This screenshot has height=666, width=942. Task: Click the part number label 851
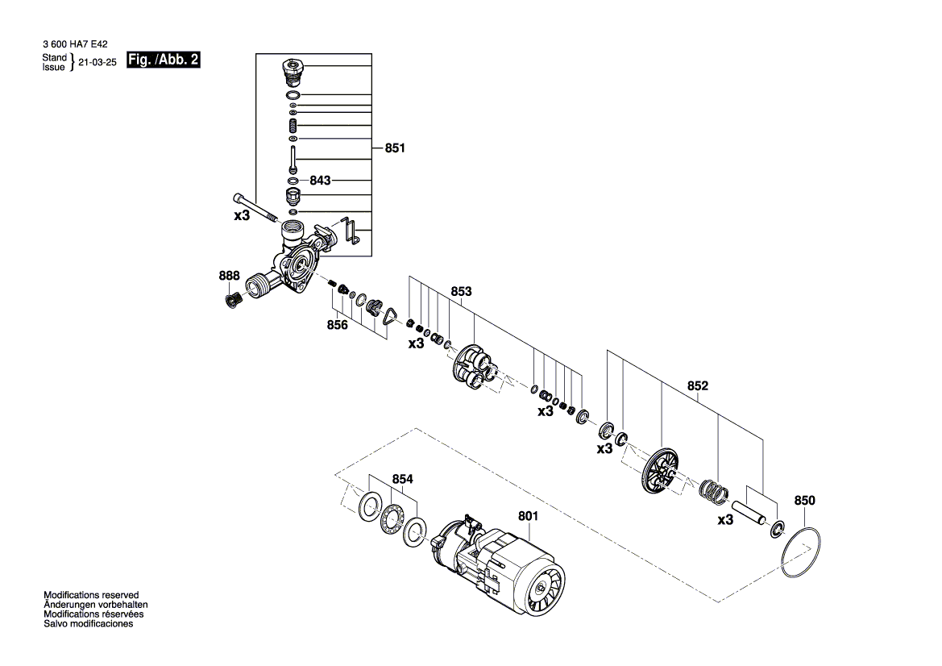[x=395, y=148]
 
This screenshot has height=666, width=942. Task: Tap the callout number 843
[x=320, y=181]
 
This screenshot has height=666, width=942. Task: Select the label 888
[x=230, y=276]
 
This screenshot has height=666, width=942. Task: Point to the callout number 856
[x=337, y=325]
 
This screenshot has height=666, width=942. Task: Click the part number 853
[x=461, y=291]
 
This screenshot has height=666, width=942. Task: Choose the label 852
[x=697, y=386]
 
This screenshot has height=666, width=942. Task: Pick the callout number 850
[x=804, y=501]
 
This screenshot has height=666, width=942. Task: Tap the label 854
[x=403, y=479]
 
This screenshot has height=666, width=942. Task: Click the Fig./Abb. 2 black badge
[x=163, y=60]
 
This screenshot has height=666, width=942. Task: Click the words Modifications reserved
[x=91, y=594]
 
